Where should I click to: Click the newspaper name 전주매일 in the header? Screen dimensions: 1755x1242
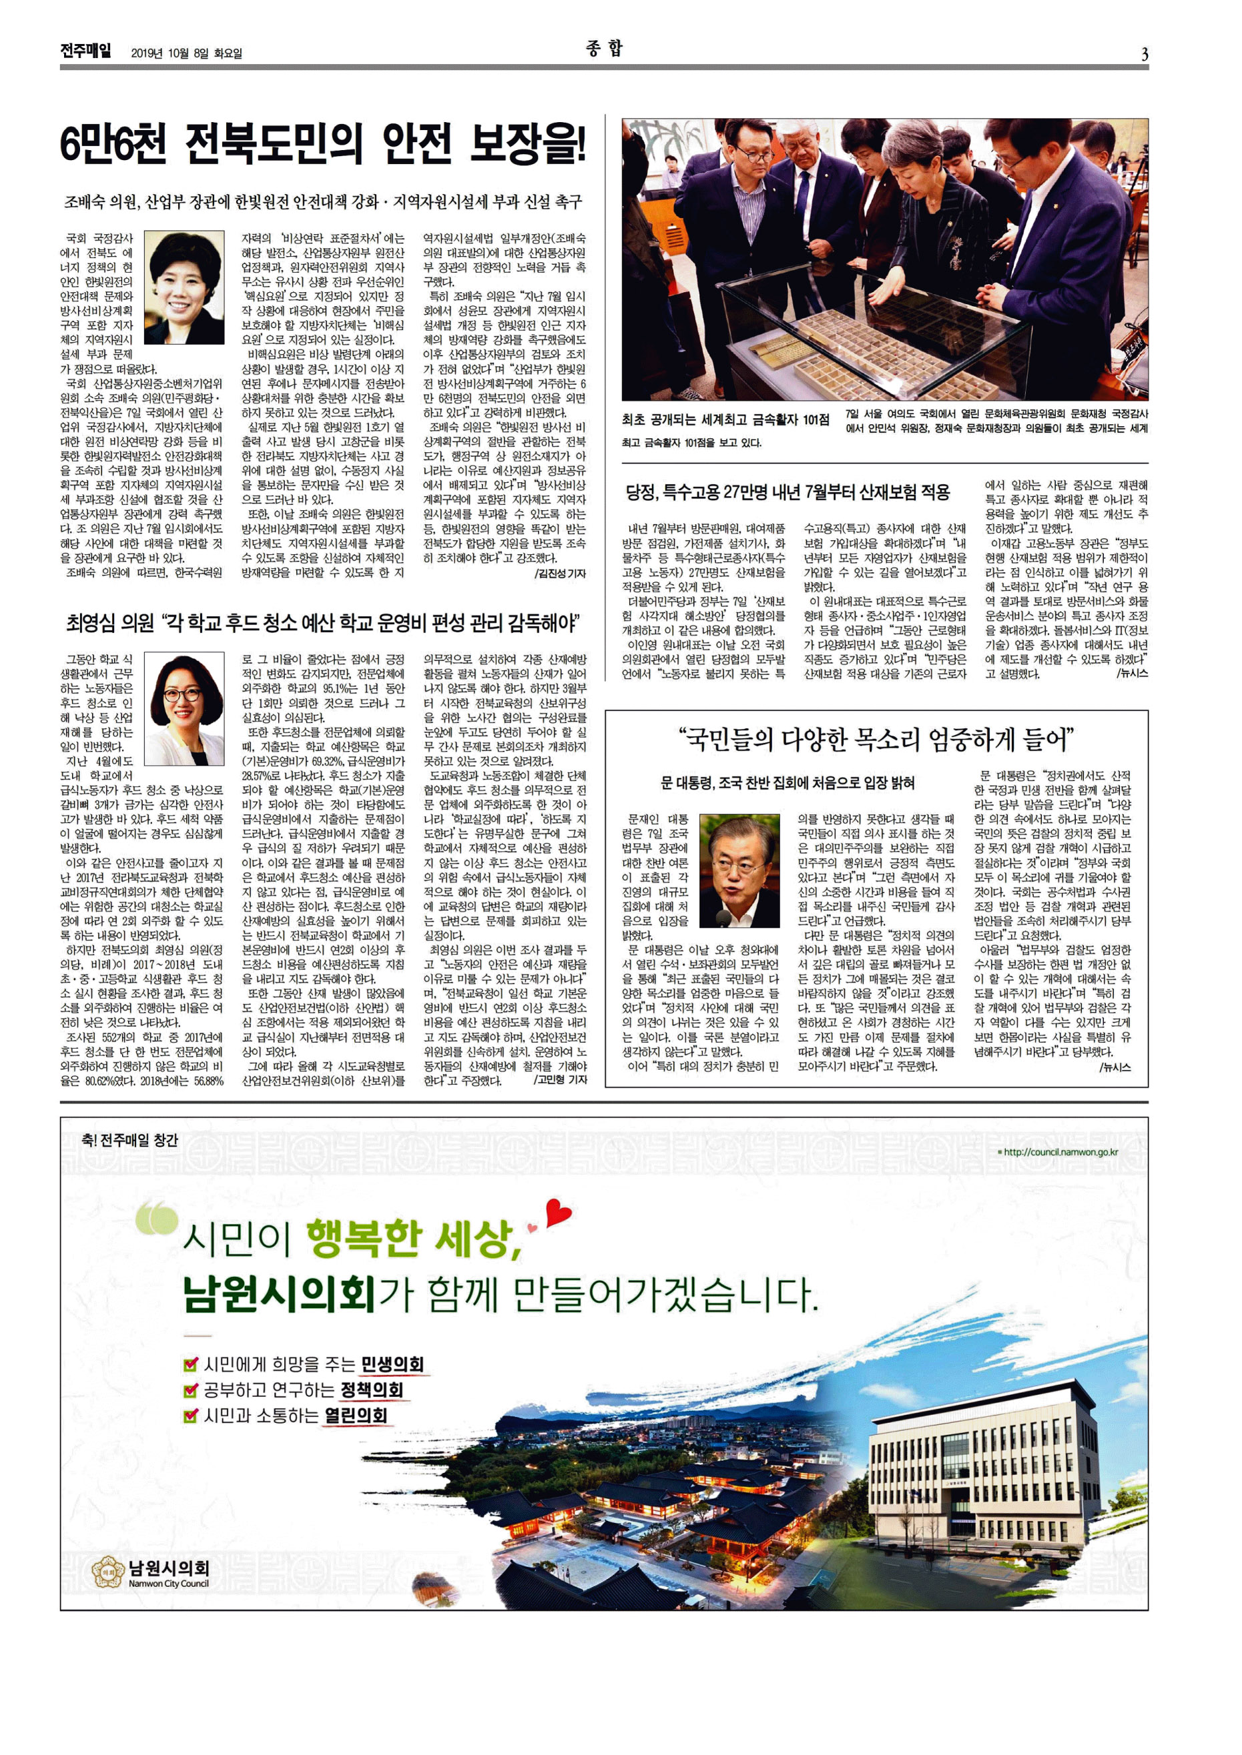(x=85, y=51)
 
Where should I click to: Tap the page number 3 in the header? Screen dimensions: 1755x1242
(x=1144, y=53)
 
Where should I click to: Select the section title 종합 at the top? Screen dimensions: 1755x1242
(x=604, y=49)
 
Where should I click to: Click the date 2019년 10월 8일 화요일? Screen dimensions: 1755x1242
(x=187, y=53)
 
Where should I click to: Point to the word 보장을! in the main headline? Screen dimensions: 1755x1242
(x=527, y=145)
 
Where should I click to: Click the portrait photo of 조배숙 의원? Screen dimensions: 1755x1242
(x=184, y=277)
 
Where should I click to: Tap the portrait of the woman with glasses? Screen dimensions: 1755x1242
(x=184, y=708)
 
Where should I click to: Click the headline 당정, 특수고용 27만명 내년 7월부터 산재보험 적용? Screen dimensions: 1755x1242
(x=787, y=492)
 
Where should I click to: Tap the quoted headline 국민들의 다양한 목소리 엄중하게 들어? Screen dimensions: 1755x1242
(x=876, y=739)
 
